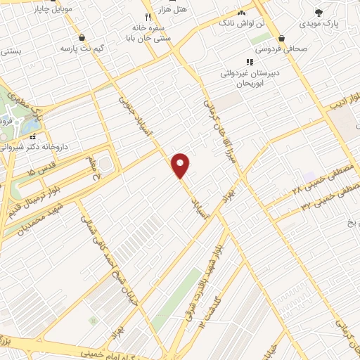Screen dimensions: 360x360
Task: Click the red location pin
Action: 181,165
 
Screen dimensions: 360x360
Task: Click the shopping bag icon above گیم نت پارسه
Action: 84,38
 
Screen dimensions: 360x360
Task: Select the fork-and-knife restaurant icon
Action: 148,18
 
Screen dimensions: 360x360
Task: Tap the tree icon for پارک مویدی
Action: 319,12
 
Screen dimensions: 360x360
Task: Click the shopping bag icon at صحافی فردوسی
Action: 281,38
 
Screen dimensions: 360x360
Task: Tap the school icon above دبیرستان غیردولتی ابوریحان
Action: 250,62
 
